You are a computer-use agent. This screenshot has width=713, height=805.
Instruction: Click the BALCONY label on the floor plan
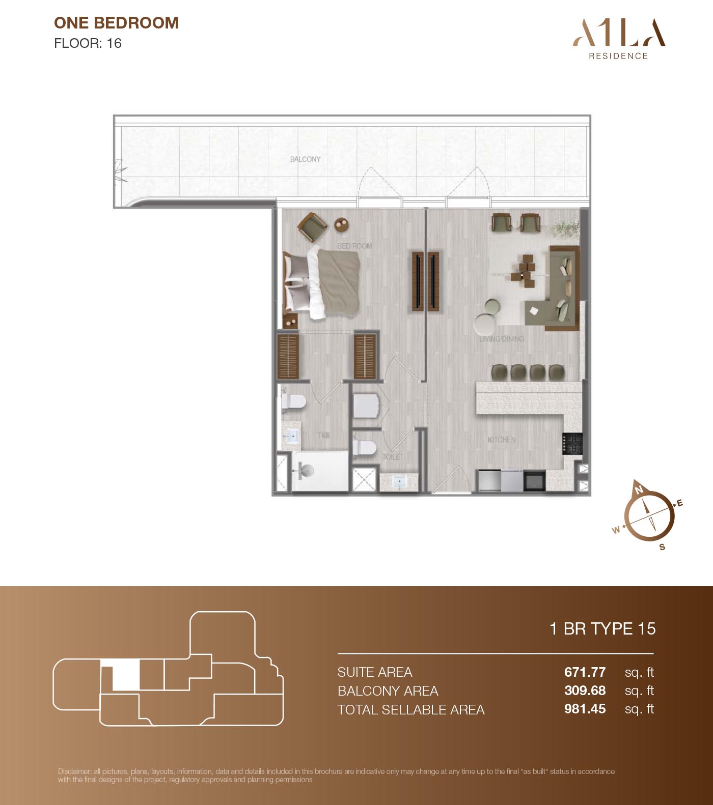click(x=306, y=159)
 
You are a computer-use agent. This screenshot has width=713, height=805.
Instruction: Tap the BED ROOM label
click(x=354, y=246)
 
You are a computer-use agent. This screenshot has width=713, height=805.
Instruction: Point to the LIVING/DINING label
click(x=502, y=339)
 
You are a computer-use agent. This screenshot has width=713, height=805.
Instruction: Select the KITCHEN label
click(x=502, y=440)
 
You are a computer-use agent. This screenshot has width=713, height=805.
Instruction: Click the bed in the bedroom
click(x=322, y=282)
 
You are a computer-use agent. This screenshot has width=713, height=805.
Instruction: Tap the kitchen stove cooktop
click(x=572, y=443)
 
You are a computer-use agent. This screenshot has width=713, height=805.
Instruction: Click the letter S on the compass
click(x=662, y=547)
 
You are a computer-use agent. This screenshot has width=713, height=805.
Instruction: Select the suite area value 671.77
click(x=585, y=672)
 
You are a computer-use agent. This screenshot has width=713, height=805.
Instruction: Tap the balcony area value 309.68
click(x=585, y=691)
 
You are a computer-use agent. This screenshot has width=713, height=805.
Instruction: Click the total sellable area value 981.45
click(x=585, y=709)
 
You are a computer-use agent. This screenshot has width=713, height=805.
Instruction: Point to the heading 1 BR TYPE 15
click(x=602, y=629)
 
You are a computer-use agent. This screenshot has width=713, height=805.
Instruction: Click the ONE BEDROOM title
click(x=116, y=23)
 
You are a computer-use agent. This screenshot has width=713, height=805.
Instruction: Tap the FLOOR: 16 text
click(x=88, y=43)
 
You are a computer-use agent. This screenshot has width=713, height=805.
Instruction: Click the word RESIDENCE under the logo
click(x=618, y=56)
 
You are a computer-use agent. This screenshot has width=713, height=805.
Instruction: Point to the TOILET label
click(x=393, y=457)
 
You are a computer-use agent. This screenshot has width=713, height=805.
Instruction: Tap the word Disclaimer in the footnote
click(x=75, y=771)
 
